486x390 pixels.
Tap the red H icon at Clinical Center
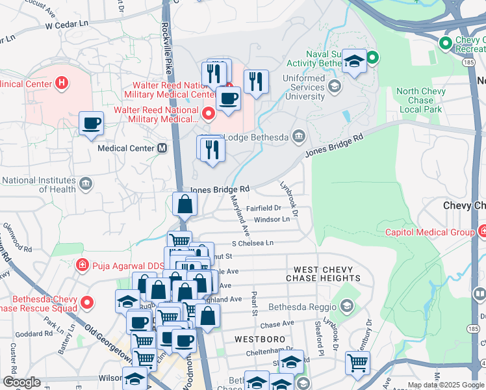point(62,83)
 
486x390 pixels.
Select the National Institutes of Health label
point(39,185)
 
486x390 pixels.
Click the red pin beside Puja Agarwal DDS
point(82,265)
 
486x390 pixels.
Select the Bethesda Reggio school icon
point(347,305)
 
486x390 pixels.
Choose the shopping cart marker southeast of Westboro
point(357,363)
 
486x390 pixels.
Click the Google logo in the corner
point(21,382)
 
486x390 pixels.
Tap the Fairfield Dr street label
point(263,209)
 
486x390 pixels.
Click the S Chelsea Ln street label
point(253,242)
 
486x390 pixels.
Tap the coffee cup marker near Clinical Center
point(91,123)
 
